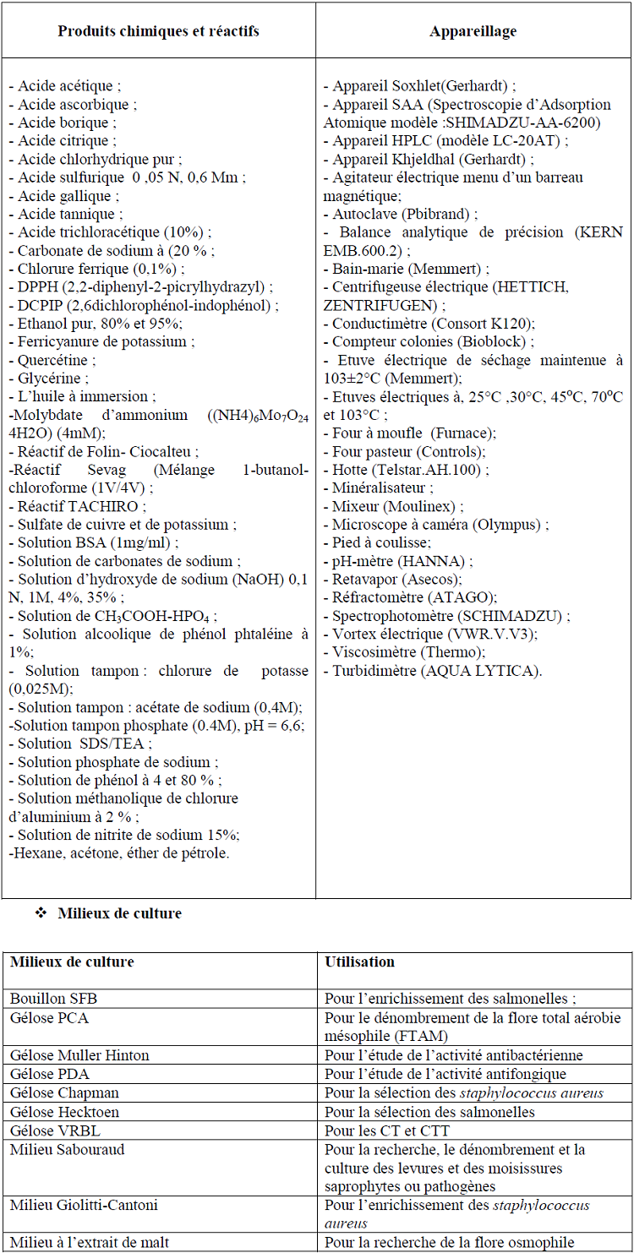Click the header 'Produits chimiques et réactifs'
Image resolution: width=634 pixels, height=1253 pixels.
point(158,31)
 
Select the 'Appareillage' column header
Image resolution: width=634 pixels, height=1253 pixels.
point(473,31)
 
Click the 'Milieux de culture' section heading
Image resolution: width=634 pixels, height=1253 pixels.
point(119,913)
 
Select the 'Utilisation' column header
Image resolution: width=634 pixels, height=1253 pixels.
point(360,962)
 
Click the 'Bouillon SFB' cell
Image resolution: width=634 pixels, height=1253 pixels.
point(48,999)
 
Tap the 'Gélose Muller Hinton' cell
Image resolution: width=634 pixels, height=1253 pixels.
point(79,1054)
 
